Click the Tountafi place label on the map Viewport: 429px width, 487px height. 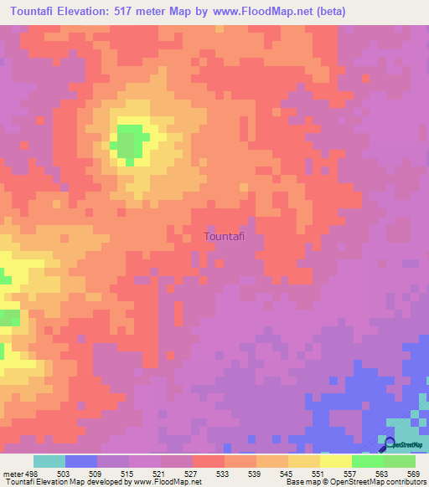(225, 237)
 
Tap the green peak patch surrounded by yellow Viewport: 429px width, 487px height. (128, 141)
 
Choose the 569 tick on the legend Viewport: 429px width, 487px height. (412, 473)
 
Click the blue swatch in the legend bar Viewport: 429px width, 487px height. (80, 461)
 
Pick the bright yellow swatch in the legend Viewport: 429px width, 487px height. (335, 461)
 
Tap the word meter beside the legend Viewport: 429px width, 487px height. (13, 473)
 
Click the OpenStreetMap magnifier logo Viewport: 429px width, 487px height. (388, 442)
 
